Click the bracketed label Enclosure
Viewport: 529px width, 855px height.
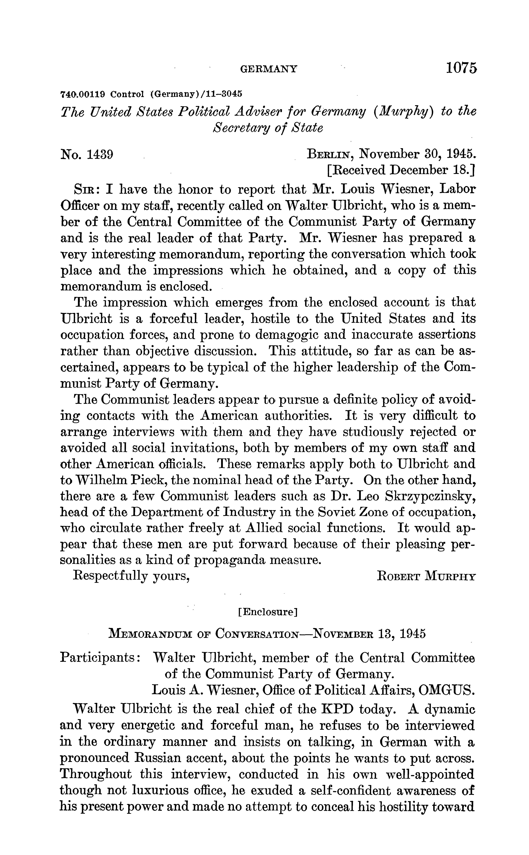pos(267,612)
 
